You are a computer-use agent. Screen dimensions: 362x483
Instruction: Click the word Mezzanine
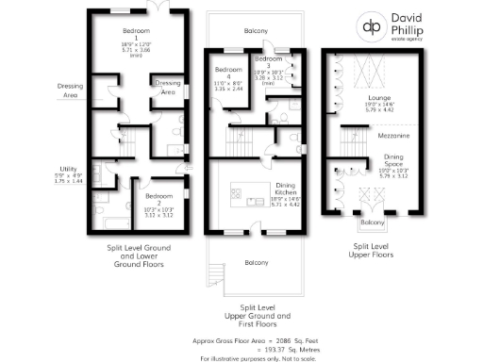point(393,136)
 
